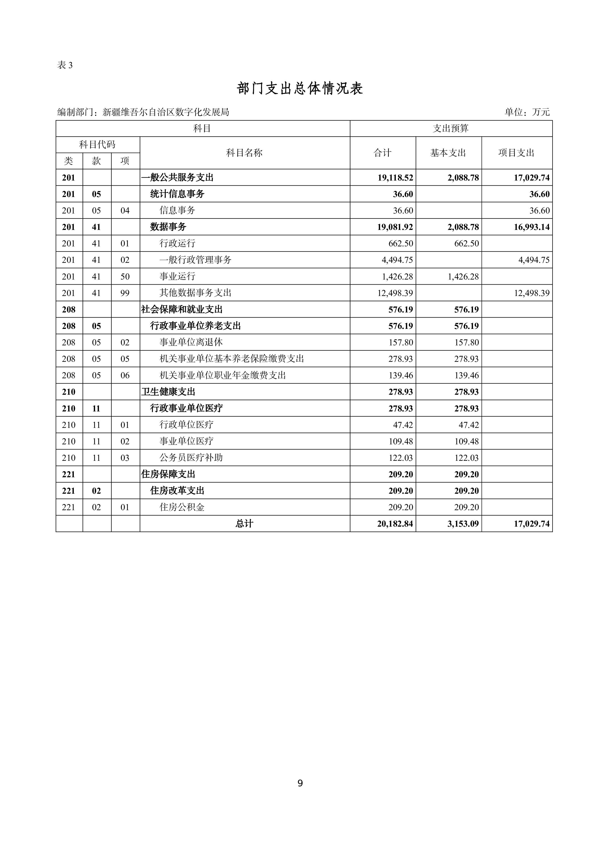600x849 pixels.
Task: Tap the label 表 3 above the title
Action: click(65, 65)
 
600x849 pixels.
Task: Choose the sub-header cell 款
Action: click(97, 161)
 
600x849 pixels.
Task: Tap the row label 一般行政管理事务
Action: click(195, 260)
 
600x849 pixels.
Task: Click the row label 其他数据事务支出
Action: click(195, 293)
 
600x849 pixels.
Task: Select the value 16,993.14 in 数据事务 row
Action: click(531, 227)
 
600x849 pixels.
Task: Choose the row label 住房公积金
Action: click(182, 507)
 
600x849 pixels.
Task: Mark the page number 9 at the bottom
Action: click(300, 783)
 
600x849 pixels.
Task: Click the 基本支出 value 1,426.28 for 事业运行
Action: click(463, 277)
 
